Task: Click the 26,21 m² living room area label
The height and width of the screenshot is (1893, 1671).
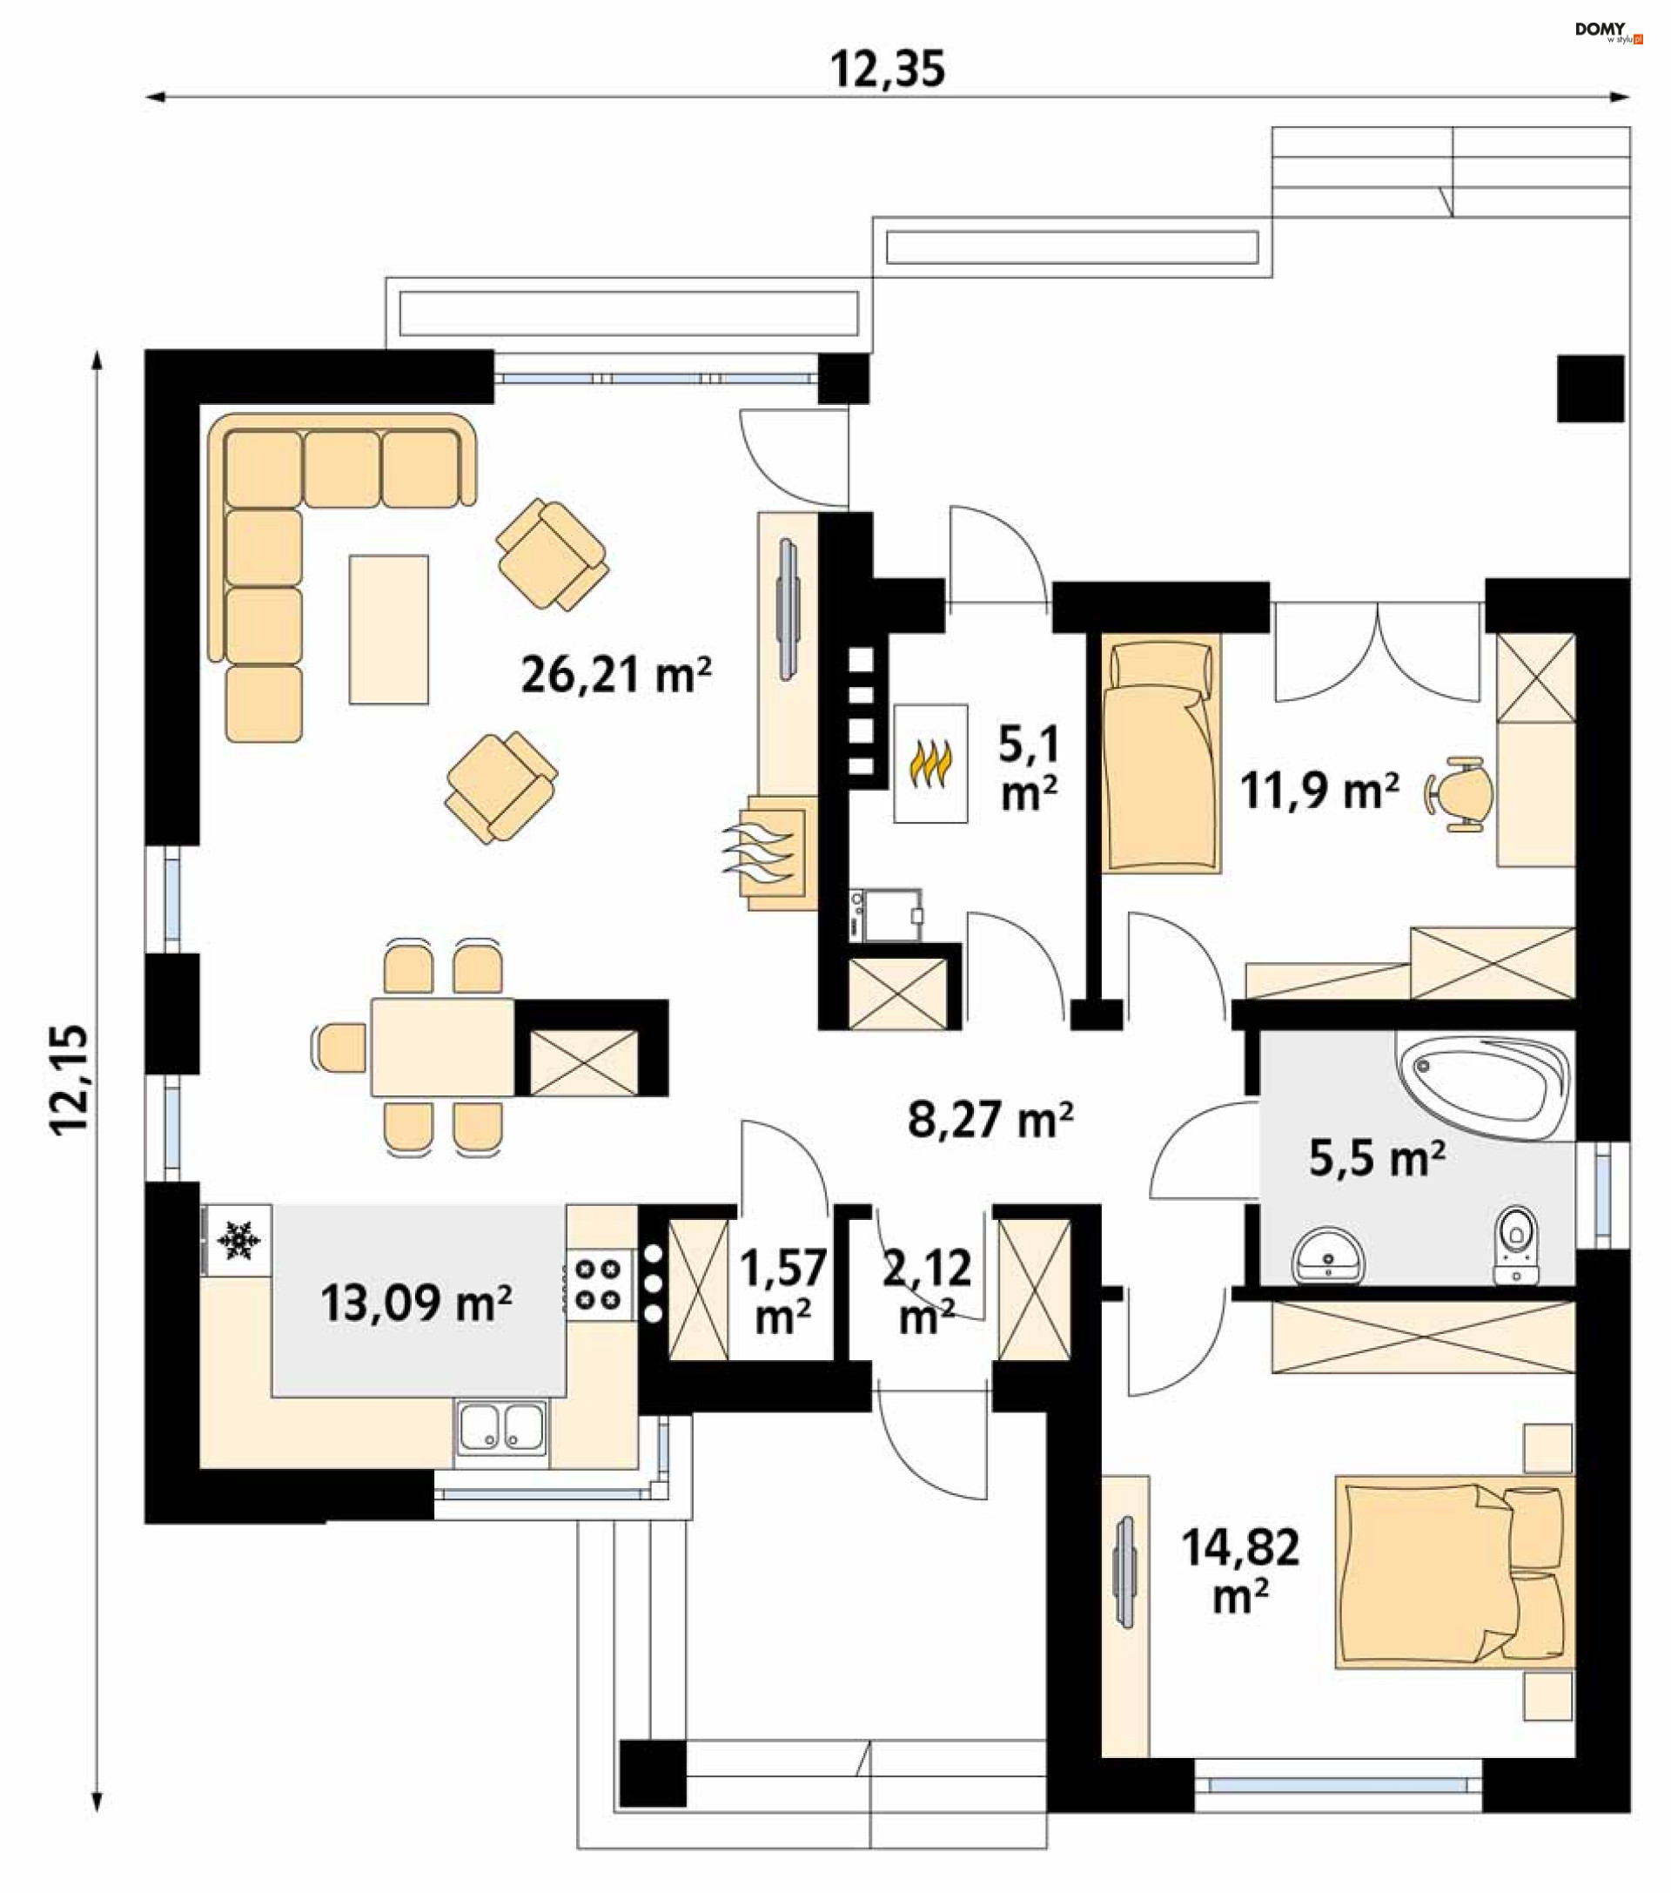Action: point(615,675)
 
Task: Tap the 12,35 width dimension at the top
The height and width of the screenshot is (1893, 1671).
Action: point(888,70)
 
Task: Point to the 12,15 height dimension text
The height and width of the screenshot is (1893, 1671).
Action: point(70,1079)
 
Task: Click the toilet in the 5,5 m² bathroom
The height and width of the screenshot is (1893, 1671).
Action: point(1516,1243)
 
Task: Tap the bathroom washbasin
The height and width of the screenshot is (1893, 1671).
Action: point(1329,1256)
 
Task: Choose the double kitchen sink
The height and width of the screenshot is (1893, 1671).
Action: point(500,1427)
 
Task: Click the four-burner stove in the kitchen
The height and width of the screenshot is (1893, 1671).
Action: point(598,1283)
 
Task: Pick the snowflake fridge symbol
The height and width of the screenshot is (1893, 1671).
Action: point(238,1239)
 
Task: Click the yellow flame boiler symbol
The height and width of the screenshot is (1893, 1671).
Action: point(930,764)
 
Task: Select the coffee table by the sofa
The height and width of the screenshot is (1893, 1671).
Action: point(389,630)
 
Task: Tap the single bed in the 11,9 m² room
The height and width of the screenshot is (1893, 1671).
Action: point(1162,754)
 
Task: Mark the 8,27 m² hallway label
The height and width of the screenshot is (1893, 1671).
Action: point(990,1120)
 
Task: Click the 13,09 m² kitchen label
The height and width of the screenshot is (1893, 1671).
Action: point(417,1303)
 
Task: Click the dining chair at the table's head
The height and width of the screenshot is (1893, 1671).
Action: point(340,1048)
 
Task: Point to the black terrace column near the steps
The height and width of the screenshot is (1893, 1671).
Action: point(1590,389)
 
